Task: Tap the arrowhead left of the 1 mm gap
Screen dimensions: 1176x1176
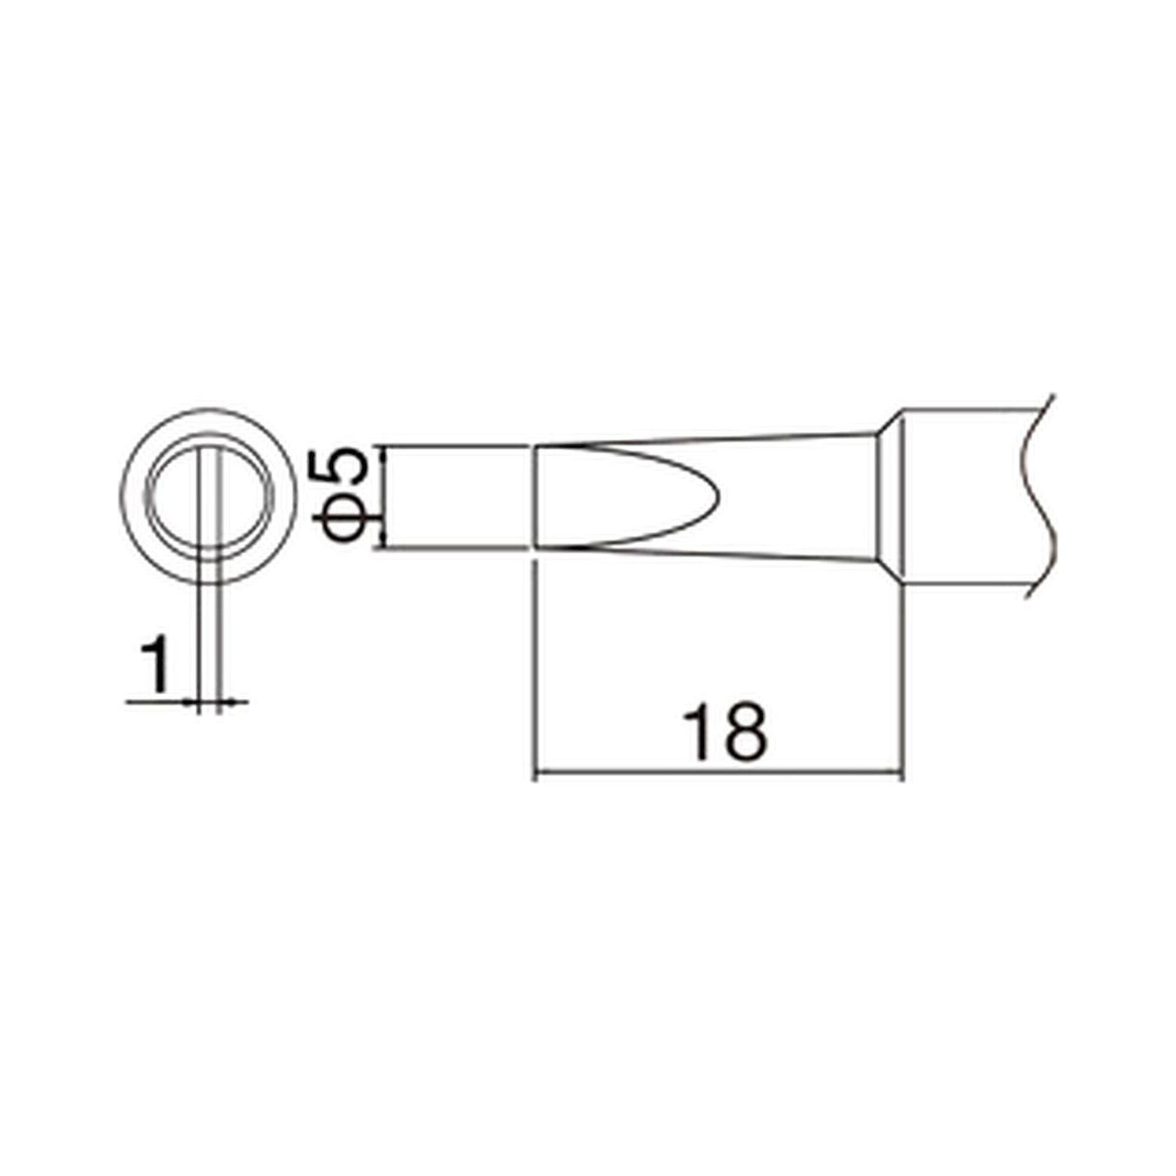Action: pos(192,703)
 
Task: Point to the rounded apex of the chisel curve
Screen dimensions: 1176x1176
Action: pos(719,497)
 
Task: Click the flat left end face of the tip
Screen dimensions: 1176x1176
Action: pos(534,497)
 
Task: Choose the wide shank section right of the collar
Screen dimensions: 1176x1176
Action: pos(968,496)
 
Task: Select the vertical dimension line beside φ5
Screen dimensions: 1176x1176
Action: pos(383,496)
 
